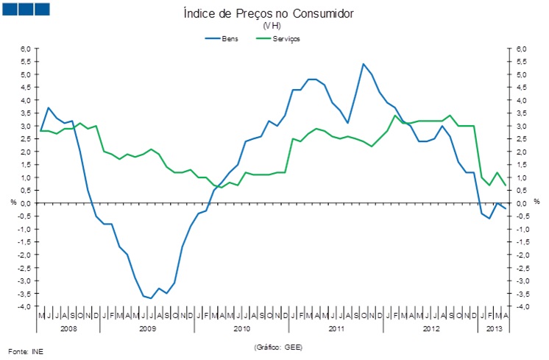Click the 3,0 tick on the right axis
(522, 126)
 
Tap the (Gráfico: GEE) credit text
(278, 346)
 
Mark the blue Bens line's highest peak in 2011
(364, 64)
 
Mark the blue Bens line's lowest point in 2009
(151, 298)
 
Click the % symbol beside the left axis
(13, 202)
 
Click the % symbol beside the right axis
(536, 202)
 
